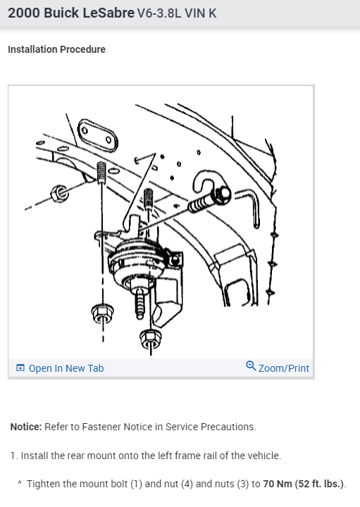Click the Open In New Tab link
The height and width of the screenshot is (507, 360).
coord(66,368)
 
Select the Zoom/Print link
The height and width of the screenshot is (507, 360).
coord(283,368)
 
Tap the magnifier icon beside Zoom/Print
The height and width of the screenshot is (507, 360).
coord(251,367)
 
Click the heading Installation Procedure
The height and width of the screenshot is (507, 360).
coord(56,49)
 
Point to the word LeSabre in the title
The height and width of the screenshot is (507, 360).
coord(105,13)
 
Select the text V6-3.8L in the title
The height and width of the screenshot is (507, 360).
coord(161,13)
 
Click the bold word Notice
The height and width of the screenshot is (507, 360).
coord(26,427)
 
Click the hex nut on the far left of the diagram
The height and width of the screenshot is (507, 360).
coord(61,191)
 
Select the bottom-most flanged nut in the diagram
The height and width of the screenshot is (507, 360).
coord(150,339)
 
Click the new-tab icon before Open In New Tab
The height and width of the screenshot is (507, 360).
coord(20,368)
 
